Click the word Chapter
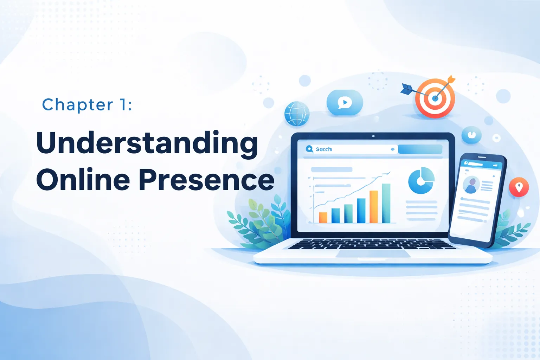point(78,105)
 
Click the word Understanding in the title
point(147,143)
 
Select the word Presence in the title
point(206,180)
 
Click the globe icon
point(297,114)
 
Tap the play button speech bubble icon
point(345,103)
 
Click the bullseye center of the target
point(435,98)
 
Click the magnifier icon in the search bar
point(309,149)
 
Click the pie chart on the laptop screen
point(421,180)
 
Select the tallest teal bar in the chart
point(386,203)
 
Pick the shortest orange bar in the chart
point(323,218)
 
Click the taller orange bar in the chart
point(374,207)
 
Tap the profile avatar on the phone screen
point(471,185)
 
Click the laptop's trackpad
point(373,253)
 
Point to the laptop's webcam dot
point(373,136)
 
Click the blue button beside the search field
point(420,149)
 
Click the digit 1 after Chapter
point(123,105)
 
